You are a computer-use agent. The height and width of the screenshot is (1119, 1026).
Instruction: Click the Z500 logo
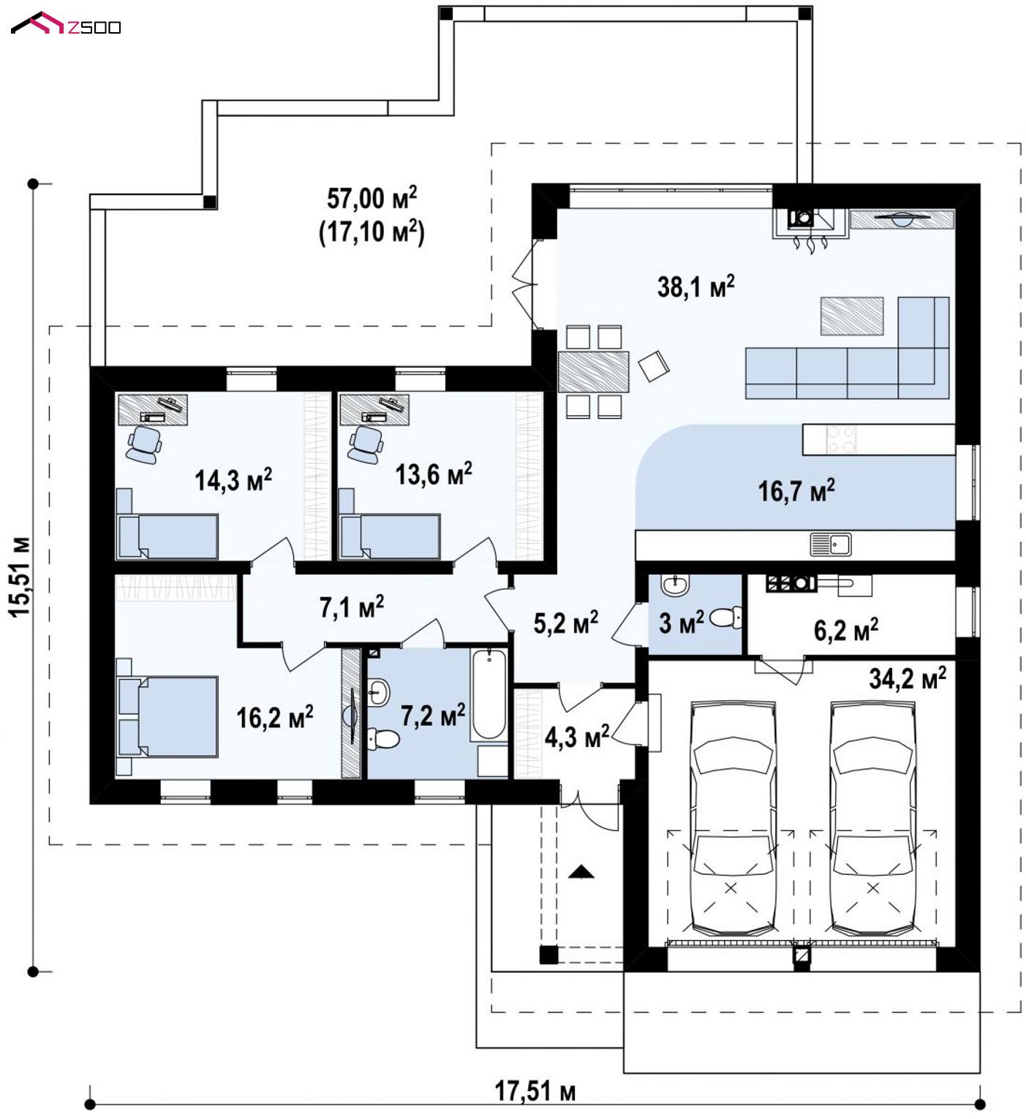tap(66, 24)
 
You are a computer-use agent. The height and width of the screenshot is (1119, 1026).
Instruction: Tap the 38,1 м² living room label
tap(695, 286)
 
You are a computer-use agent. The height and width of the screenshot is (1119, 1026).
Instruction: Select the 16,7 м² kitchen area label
tap(796, 490)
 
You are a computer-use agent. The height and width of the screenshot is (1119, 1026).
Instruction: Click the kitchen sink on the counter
tap(831, 544)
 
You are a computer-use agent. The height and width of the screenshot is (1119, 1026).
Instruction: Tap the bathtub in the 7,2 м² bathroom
tap(489, 694)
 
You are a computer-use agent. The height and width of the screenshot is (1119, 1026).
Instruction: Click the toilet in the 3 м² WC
tap(726, 618)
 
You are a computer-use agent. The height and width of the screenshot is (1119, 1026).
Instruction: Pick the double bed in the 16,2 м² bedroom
tap(167, 717)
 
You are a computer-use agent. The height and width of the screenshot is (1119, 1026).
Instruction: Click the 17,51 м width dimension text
tap(535, 1091)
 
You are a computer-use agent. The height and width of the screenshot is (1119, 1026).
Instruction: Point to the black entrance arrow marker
tap(581, 871)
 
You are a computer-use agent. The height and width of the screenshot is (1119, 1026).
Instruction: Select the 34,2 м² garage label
tap(907, 678)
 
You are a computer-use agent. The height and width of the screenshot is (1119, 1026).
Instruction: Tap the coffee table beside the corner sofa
tap(851, 316)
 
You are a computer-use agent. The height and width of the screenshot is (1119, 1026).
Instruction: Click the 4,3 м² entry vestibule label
tap(577, 736)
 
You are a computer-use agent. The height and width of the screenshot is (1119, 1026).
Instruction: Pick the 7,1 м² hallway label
tap(351, 607)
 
